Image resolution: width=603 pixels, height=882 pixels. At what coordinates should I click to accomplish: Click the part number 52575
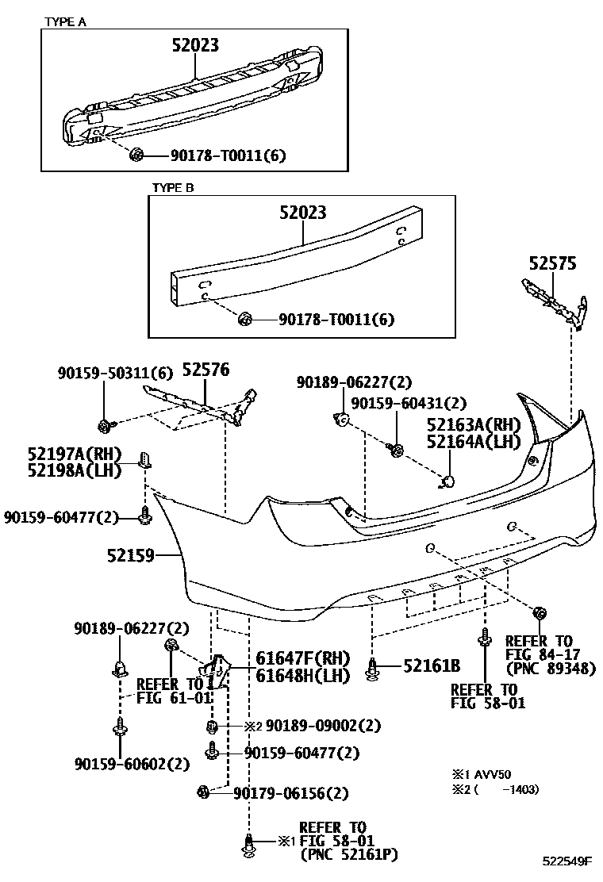click(554, 263)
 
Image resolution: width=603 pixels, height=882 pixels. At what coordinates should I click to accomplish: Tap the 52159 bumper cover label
click(131, 556)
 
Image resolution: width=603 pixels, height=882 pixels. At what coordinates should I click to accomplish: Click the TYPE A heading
click(66, 22)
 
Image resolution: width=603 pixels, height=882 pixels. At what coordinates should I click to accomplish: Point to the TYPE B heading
click(173, 189)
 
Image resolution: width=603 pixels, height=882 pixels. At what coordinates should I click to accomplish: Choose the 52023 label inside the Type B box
click(302, 213)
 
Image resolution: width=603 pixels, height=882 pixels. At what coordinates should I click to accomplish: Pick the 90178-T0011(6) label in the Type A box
click(228, 156)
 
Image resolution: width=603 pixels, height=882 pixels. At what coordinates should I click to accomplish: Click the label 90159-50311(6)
click(115, 372)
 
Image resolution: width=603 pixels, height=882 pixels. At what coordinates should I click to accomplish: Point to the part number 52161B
click(432, 666)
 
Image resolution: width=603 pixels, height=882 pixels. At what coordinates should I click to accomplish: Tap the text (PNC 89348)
click(551, 668)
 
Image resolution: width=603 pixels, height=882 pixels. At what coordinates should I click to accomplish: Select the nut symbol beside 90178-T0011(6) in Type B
click(245, 320)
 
